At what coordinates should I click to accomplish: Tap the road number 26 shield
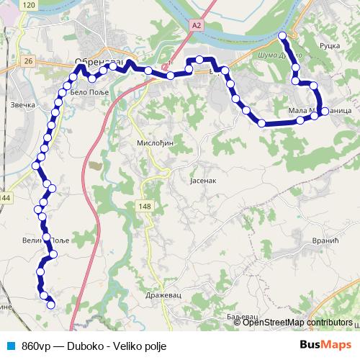(x=28, y=62)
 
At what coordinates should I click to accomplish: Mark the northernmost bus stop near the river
(x=282, y=35)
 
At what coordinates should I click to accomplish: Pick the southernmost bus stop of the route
(x=51, y=305)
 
